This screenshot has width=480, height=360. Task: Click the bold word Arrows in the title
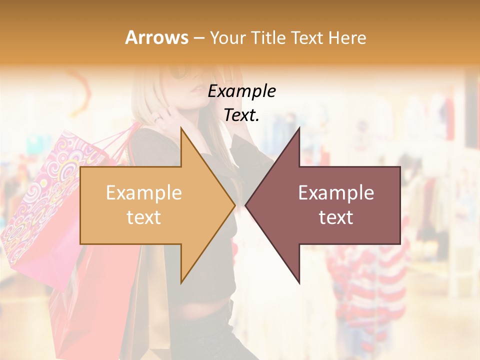(x=157, y=37)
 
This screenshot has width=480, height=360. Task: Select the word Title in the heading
(x=269, y=37)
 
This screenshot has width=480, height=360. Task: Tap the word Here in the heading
(x=347, y=37)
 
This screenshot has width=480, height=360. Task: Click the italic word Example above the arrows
(x=241, y=91)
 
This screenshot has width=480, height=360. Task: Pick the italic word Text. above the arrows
(x=241, y=115)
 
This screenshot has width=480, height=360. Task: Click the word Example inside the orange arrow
(x=144, y=193)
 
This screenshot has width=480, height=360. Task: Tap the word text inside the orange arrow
(x=144, y=217)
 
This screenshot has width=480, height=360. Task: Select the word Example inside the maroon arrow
(x=336, y=193)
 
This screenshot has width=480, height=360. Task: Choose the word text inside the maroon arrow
(x=336, y=217)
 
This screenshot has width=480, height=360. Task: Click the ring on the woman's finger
(x=157, y=118)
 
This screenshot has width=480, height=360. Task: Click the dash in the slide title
(x=198, y=38)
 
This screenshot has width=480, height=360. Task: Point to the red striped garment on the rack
(x=370, y=280)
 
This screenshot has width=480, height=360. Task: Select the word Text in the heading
(x=309, y=37)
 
